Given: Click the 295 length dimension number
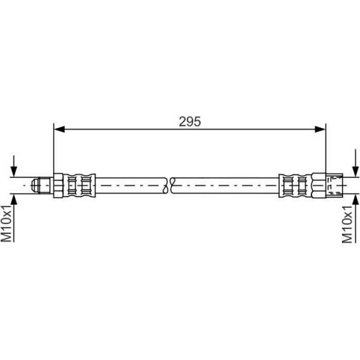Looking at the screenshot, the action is [x=190, y=121].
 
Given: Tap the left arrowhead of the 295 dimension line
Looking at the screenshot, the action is [x=59, y=129].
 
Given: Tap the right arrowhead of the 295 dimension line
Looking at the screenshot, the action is [x=320, y=129].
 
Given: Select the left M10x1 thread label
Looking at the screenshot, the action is [x=6, y=223].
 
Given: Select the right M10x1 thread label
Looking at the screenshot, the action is [x=347, y=224].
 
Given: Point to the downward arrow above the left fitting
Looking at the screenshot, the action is [x=14, y=166].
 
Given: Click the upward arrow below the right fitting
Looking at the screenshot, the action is [x=355, y=218].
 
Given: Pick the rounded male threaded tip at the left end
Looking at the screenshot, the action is [x=41, y=185].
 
